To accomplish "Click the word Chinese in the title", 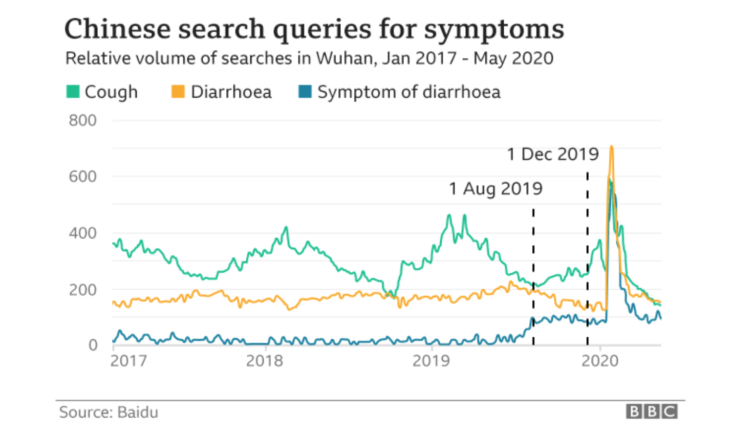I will [x=117, y=29].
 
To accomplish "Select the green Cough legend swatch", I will [x=73, y=92].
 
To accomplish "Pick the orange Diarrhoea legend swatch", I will [x=178, y=92].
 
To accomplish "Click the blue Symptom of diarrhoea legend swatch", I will [x=305, y=92].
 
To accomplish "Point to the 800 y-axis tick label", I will [x=82, y=121].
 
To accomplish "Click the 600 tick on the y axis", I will [x=82, y=177].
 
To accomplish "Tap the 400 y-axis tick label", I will [x=82, y=233].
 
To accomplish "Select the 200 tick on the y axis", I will [x=82, y=290].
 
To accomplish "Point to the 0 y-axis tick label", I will [x=92, y=345].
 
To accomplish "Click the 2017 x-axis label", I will [x=128, y=361].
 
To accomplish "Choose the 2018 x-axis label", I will [x=264, y=361].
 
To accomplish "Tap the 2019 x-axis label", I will [x=431, y=361].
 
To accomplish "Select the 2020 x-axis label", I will [x=600, y=361].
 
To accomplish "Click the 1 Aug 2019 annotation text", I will [x=496, y=189].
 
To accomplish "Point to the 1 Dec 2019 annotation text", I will [x=552, y=154].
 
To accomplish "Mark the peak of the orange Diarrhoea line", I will [x=611, y=147].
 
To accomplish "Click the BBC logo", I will [x=652, y=411].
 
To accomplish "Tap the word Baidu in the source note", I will [x=138, y=412].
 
